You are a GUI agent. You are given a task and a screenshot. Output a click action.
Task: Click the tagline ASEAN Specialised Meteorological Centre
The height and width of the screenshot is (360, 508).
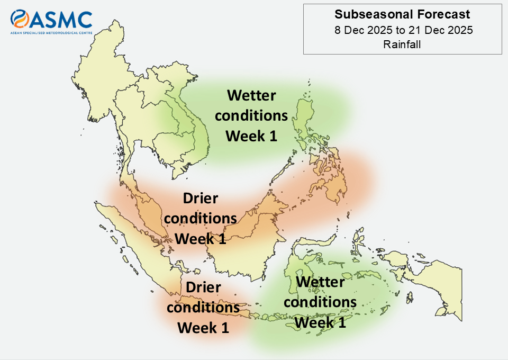[x=51, y=33]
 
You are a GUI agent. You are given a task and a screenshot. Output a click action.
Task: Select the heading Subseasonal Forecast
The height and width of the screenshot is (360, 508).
[x=402, y=14]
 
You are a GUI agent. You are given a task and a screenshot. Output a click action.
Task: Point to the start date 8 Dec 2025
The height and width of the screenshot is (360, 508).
[x=364, y=30]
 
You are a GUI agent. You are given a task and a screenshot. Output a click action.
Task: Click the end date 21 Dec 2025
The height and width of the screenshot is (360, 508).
[x=441, y=30]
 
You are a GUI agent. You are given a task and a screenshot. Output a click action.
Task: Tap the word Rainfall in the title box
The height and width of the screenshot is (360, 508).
[x=402, y=44]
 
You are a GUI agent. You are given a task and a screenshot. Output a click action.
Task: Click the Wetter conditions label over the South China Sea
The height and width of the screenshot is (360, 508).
[x=251, y=115]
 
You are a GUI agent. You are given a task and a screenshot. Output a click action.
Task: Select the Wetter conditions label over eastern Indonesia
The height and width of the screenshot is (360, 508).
[x=320, y=302]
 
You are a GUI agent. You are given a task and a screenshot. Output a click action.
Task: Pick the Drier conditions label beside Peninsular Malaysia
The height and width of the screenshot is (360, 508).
[x=200, y=219]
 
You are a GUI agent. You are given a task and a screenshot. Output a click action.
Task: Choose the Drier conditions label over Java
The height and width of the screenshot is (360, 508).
[x=203, y=307]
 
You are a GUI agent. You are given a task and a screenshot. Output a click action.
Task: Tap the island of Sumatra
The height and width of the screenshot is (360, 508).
[x=139, y=246]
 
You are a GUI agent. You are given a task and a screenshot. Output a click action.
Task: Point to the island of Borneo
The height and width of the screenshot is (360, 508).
[x=246, y=240]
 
